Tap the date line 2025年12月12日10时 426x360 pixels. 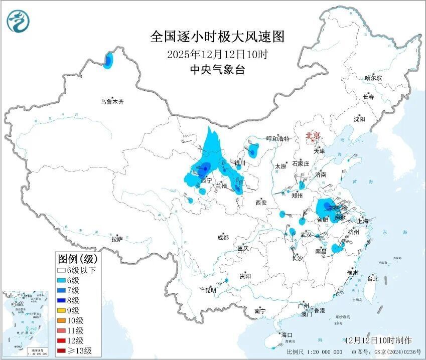pos(217,54)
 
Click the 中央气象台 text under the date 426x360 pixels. pos(217,70)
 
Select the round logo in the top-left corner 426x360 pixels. pos(19,21)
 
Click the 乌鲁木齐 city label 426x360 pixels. pos(111,102)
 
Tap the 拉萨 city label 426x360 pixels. pos(116,239)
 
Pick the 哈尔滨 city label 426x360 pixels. pos(373,78)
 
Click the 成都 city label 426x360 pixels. pos(223,238)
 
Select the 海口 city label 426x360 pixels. pos(287,334)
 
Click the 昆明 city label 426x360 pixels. pos(211,290)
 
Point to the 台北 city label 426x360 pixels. pos(373,278)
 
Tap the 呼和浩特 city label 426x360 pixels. pos(277,139)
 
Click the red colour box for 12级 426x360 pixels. pos(62,340)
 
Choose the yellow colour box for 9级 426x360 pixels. pos(62,310)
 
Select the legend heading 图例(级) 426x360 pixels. pos(78,259)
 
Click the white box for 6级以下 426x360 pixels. pos(62,270)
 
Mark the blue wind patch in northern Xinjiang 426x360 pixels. pos(108,61)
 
